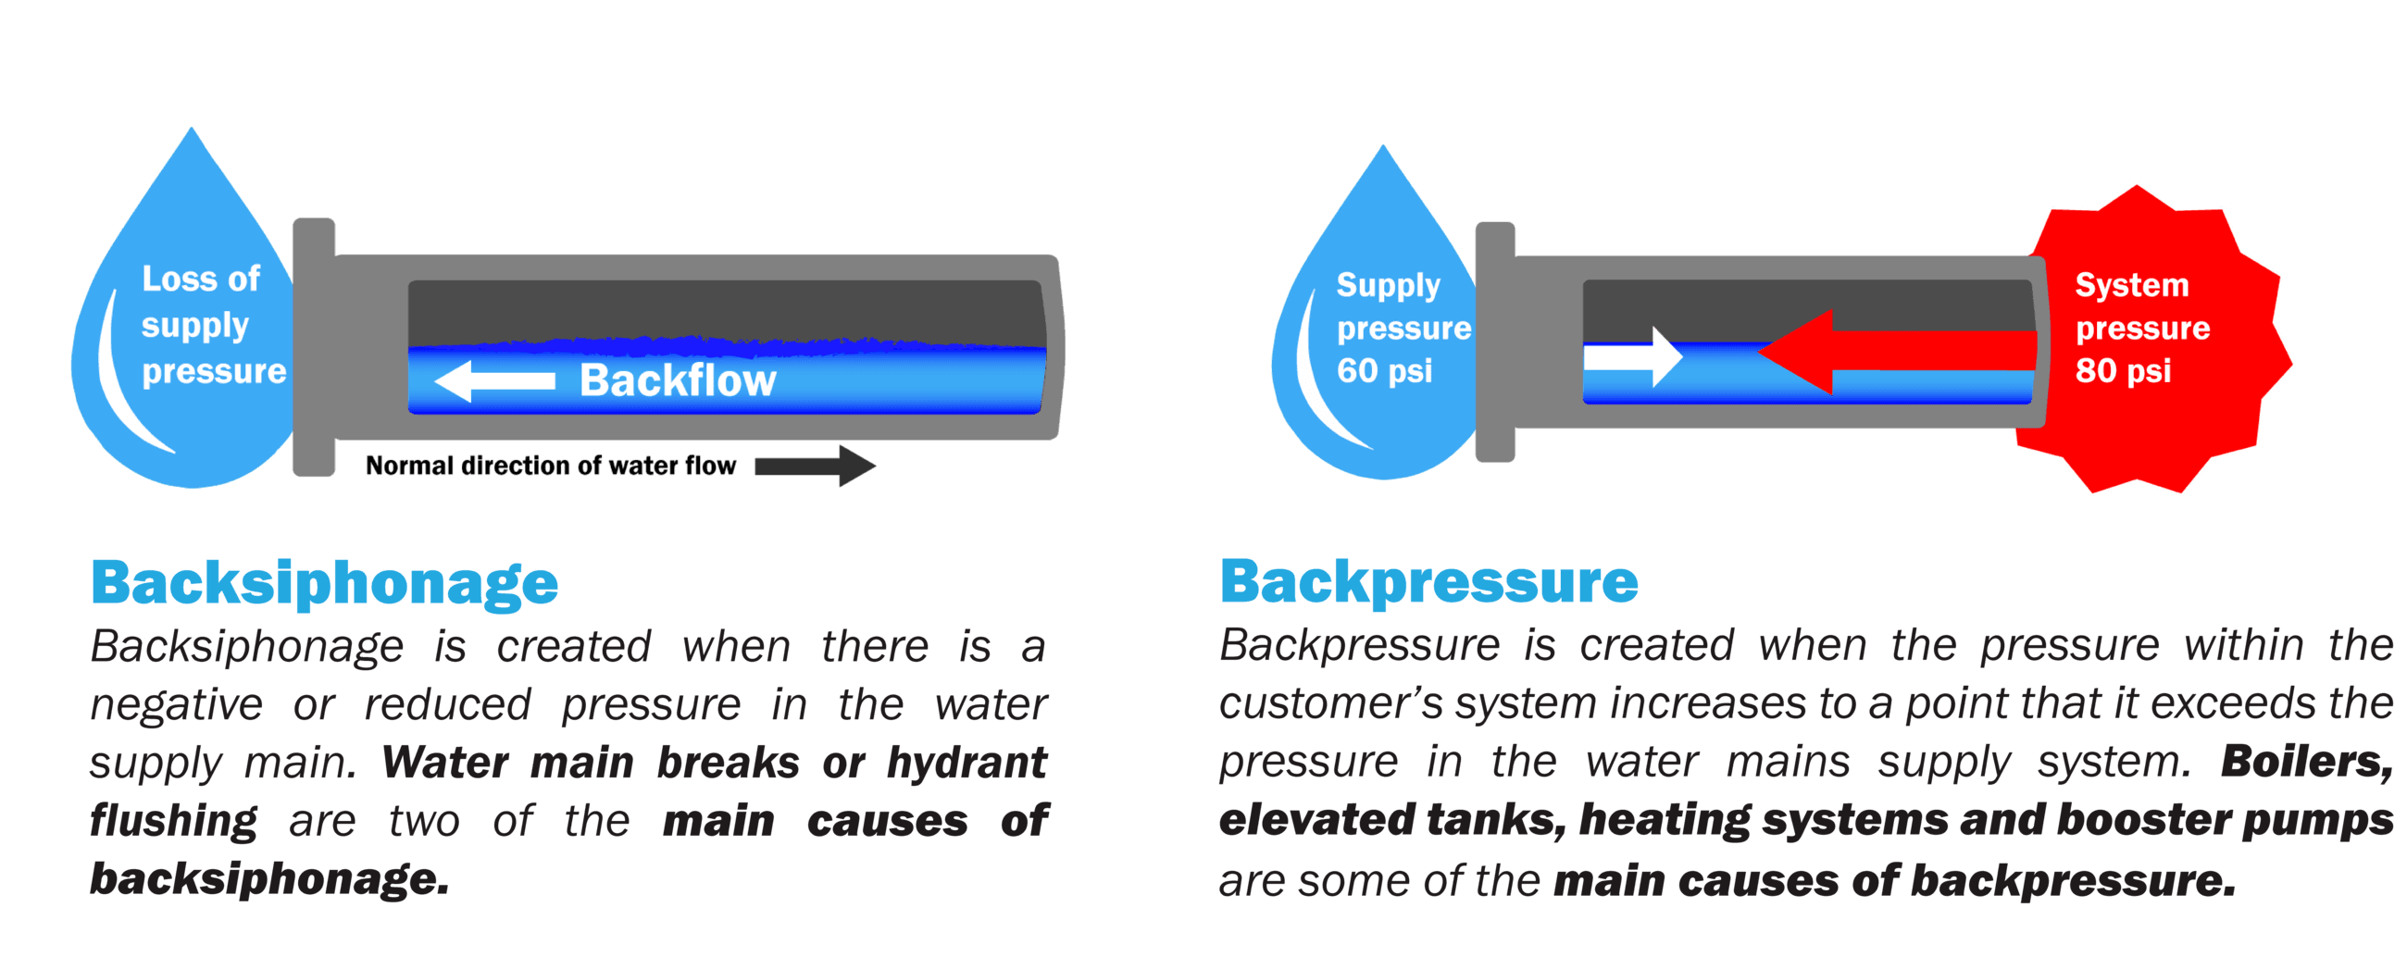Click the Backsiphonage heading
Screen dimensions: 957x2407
[324, 583]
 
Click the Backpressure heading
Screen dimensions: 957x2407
[1428, 582]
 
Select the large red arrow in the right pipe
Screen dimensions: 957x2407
[1897, 352]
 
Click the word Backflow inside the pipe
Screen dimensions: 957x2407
[678, 380]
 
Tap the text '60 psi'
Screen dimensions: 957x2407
[1384, 371]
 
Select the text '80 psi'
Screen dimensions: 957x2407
[2123, 371]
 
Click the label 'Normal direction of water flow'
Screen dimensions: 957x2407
[550, 466]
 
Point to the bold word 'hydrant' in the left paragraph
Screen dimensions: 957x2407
[967, 763]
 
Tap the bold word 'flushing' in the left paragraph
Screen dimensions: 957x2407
[173, 822]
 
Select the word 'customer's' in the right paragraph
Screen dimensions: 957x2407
[1330, 703]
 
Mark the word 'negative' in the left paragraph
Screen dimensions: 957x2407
[176, 704]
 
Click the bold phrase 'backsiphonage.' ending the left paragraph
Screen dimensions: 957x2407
[269, 879]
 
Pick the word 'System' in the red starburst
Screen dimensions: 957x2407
[2131, 285]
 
